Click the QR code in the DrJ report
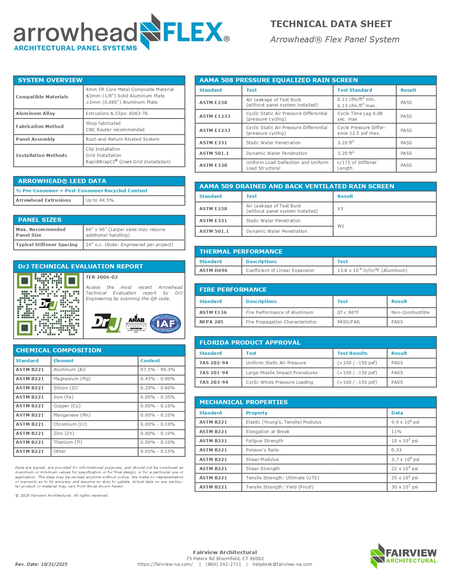(x=48, y=304)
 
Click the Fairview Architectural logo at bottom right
(x=404, y=556)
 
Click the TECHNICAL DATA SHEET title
(x=331, y=24)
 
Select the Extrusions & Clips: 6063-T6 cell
(x=117, y=114)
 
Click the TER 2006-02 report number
(x=102, y=277)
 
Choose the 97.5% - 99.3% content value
(x=157, y=370)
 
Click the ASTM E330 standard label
(x=213, y=165)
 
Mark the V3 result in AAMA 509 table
(x=340, y=209)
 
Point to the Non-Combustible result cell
(x=410, y=313)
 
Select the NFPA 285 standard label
(x=211, y=322)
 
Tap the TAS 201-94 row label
(x=214, y=373)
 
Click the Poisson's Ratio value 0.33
(x=397, y=450)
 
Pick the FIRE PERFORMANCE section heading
(x=233, y=290)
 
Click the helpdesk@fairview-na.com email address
(x=282, y=564)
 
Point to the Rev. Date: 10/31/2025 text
(x=41, y=564)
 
